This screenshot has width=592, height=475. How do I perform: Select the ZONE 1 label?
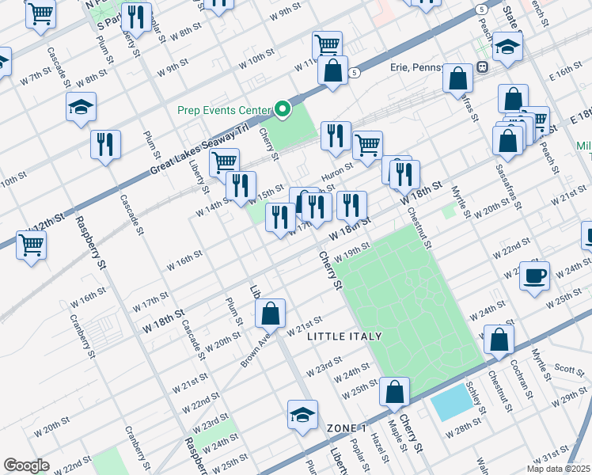coord(347,427)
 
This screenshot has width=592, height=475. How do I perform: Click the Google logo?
coord(27,465)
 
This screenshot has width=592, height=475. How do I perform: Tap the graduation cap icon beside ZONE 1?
coord(302,415)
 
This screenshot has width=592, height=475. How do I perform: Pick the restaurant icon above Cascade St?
coord(104,144)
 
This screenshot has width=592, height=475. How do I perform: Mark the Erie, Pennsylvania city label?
coord(431,68)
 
